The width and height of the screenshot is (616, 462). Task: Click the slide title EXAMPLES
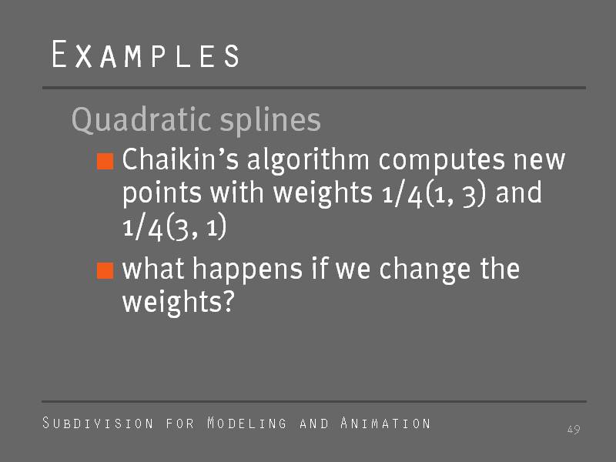[146, 54]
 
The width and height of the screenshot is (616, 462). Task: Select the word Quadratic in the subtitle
[142, 120]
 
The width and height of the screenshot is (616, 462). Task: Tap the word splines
[270, 120]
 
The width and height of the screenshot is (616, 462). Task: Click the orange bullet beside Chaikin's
[105, 161]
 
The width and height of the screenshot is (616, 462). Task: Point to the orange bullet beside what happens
[105, 270]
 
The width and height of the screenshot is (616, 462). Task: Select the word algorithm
[309, 161]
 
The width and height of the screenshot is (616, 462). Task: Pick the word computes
[442, 161]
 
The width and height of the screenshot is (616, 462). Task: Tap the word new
[540, 162]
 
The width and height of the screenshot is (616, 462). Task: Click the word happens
[247, 269]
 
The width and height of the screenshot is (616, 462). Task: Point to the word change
[425, 269]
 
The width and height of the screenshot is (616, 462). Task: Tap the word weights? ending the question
[179, 302]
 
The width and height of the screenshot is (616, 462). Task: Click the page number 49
[574, 430]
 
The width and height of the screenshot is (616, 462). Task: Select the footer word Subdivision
[98, 423]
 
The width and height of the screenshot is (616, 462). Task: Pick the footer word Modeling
[246, 423]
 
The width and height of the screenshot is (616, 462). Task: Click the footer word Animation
[386, 423]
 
